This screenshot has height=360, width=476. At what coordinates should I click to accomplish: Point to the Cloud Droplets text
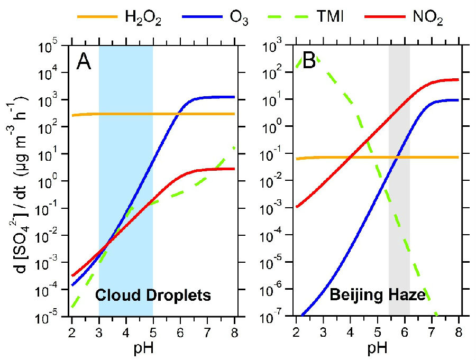[x=153, y=295]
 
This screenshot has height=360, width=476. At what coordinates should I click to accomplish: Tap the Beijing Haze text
[x=378, y=295]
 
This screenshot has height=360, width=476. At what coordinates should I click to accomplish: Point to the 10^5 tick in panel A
[x=53, y=47]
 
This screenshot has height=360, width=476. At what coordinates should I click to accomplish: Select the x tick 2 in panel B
[x=296, y=329]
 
